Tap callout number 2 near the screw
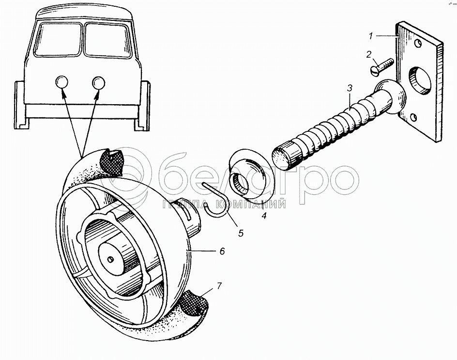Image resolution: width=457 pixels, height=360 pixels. [x=369, y=54]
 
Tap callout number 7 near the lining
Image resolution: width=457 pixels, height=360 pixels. [x=219, y=286]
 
